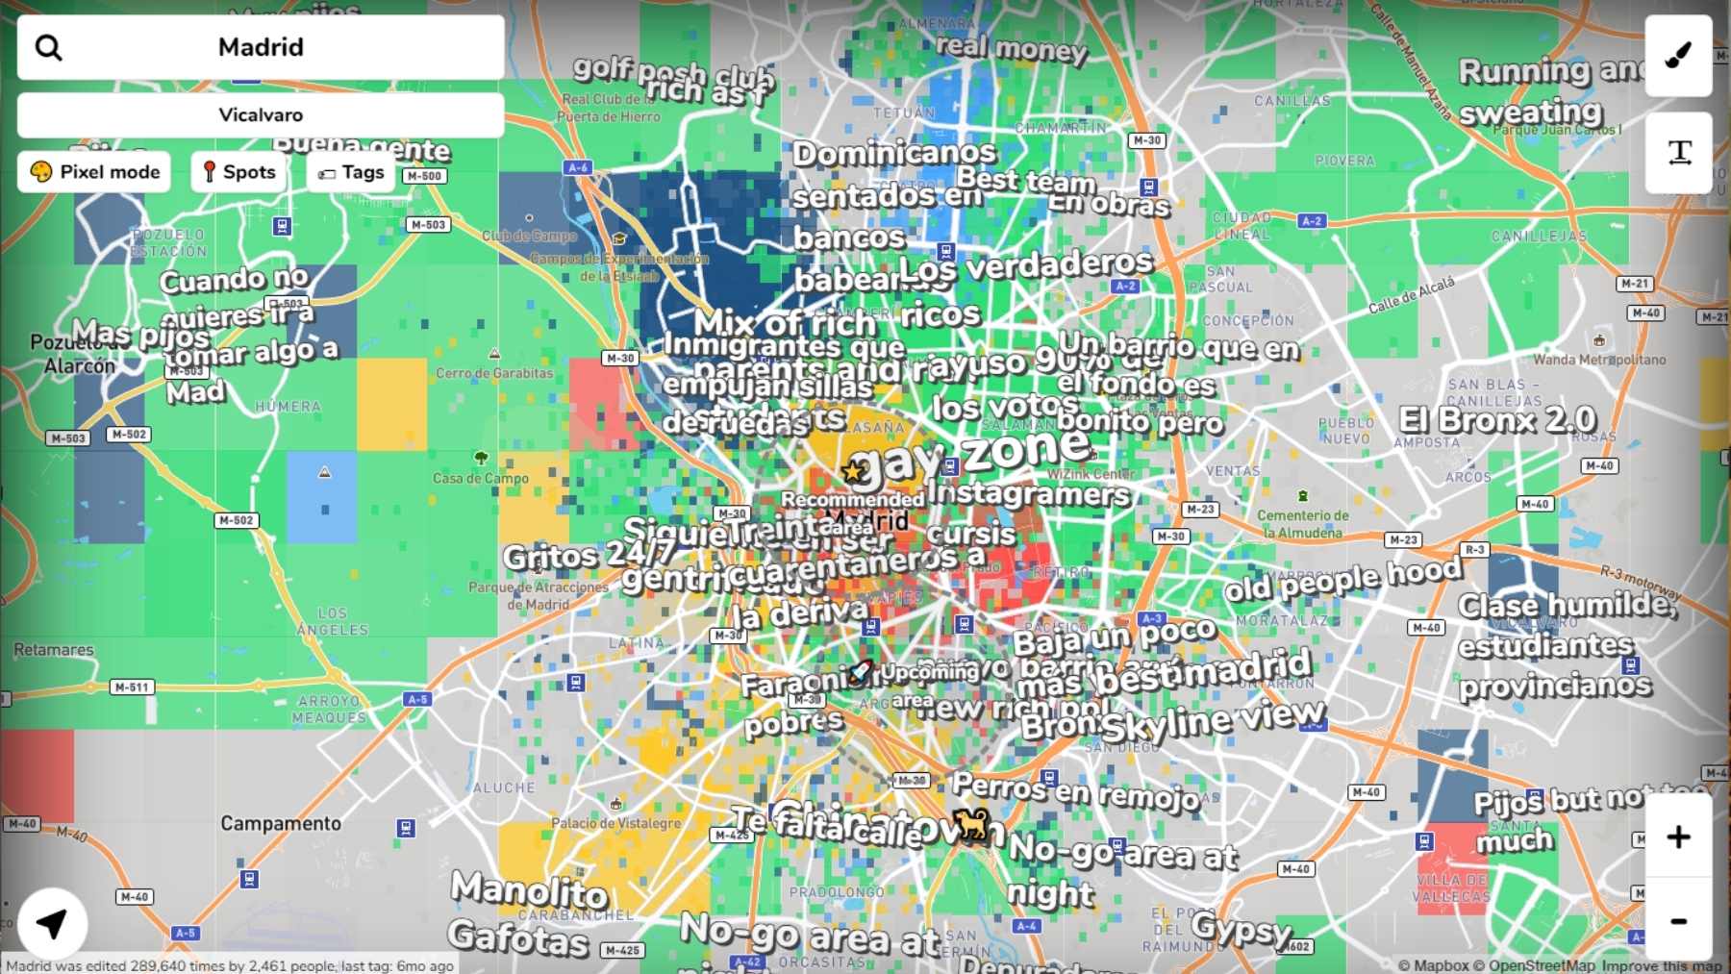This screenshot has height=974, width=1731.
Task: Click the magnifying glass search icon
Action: [48, 47]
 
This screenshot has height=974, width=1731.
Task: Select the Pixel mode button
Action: [94, 172]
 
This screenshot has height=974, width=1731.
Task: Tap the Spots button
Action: [238, 172]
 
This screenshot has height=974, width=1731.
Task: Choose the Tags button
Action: [351, 172]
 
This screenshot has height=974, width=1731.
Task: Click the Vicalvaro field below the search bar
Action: [261, 115]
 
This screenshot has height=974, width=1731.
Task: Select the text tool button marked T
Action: [1679, 152]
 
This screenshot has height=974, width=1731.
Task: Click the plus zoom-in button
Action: [1678, 837]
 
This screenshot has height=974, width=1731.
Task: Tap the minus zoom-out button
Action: [1678, 921]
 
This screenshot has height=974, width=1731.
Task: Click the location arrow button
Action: [52, 924]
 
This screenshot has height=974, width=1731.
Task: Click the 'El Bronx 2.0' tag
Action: [1497, 420]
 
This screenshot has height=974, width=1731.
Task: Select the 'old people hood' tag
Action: [1342, 578]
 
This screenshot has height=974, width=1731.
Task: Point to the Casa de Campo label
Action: [480, 478]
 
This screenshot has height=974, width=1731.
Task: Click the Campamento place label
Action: [281, 823]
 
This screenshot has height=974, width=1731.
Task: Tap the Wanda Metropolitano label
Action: [1599, 360]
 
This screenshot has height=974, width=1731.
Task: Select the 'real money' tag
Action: [1011, 47]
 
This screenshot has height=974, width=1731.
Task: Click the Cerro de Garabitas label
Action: [494, 373]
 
